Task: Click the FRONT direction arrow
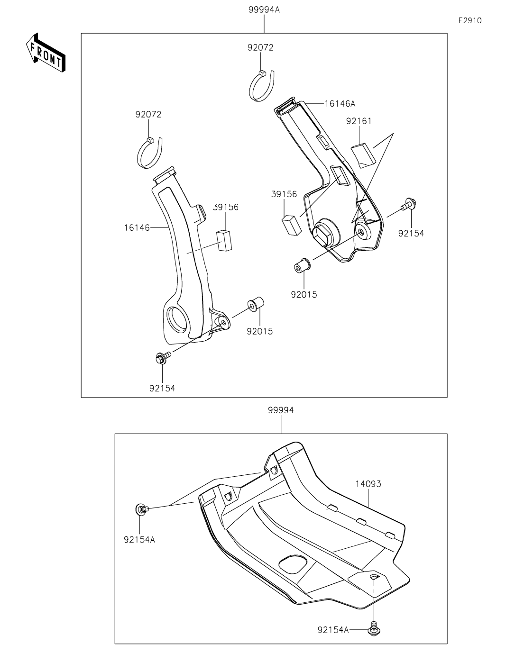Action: coord(46,53)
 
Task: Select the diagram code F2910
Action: coord(469,21)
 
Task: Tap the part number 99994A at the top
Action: coord(264,9)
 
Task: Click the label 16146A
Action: coord(340,104)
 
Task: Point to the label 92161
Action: coord(359,121)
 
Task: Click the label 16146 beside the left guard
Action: coord(137,227)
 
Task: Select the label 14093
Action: coord(368,484)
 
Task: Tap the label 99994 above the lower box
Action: coord(281,410)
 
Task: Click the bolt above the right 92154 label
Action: coord(408,205)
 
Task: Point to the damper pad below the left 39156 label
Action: coord(224,240)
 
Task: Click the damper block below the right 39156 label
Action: coord(291,225)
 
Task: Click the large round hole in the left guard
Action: coord(179,319)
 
